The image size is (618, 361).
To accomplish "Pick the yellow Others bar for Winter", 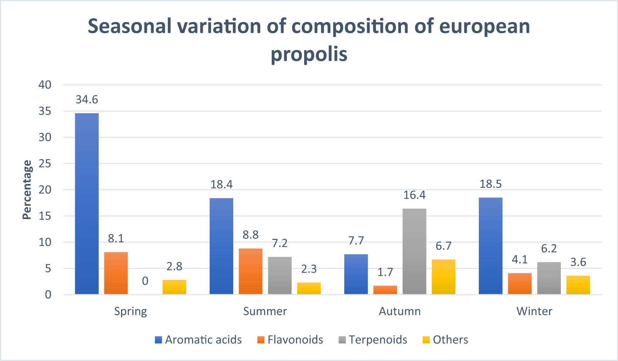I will pos(578,285).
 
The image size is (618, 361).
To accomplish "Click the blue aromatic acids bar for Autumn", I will pos(356,274).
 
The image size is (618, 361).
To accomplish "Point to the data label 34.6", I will pos(87,100).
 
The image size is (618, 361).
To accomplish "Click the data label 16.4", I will pos(414,195).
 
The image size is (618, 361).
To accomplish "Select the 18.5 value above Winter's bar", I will pos(490,184).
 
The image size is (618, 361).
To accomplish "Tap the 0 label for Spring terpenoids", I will pos(145,281).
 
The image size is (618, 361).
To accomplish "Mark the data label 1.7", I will pos(385,272).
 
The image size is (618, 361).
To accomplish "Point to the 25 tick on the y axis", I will pos(45,164).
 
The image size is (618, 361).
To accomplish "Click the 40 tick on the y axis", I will pos(45,85).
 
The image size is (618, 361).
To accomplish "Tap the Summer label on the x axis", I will pos(265,311).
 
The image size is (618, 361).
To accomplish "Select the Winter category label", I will pos(534,311).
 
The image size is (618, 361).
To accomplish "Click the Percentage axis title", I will pos(27,190).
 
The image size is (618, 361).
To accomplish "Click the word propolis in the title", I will pos(309,54).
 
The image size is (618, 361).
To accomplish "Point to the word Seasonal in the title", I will pos(130,26).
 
